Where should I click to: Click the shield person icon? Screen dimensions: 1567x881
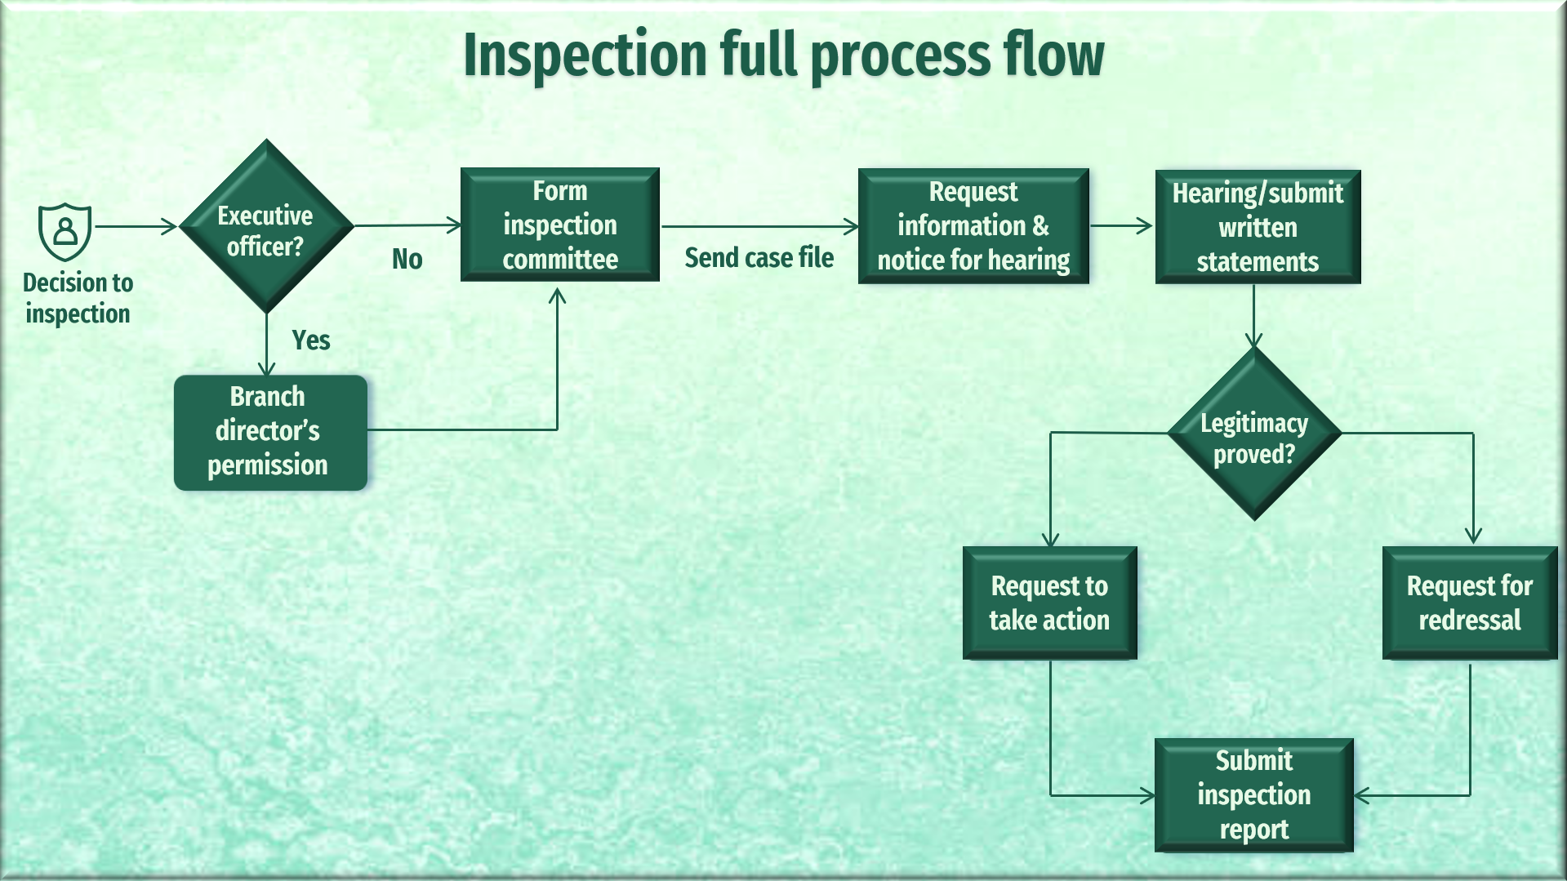65,232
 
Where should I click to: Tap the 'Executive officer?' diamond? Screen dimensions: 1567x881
266,226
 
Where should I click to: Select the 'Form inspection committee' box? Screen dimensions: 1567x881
560,225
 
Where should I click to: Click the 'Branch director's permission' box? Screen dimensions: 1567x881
270,432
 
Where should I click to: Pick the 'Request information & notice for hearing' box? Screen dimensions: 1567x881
973,226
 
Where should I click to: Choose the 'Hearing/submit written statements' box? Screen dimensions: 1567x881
1258,227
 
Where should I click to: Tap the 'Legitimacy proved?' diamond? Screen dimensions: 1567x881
1254,434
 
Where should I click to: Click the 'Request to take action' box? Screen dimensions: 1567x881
1050,603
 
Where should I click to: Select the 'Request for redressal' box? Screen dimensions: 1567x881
1470,603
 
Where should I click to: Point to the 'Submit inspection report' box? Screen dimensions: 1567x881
1254,795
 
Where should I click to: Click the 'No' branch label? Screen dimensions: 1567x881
407,260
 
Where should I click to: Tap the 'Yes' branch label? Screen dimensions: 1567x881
311,340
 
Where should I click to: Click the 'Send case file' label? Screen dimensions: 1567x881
759,258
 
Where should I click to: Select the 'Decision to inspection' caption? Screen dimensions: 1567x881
78,298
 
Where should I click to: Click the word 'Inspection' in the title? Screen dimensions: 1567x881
585,55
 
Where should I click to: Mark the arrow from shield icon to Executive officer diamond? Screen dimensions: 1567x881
136,226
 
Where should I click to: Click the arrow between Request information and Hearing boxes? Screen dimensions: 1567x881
1121,225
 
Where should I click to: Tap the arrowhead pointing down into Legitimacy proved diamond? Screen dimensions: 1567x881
1254,340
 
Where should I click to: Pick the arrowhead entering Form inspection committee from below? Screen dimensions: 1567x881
558,295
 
